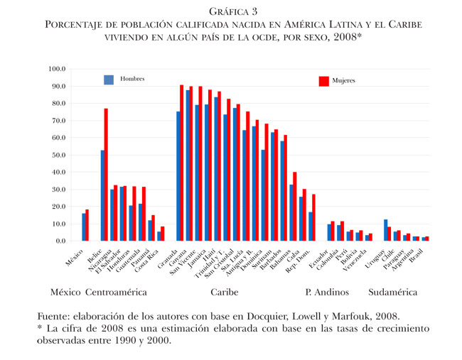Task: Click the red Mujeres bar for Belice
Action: point(107,175)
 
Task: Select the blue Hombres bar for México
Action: point(84,227)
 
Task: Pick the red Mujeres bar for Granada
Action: point(182,163)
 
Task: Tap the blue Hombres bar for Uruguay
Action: point(386,230)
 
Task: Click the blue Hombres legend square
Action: point(109,80)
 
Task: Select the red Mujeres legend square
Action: point(324,82)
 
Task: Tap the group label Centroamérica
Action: point(116,292)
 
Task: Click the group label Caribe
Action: point(224,292)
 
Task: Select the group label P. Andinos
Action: point(326,292)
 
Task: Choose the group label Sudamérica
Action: point(392,292)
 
